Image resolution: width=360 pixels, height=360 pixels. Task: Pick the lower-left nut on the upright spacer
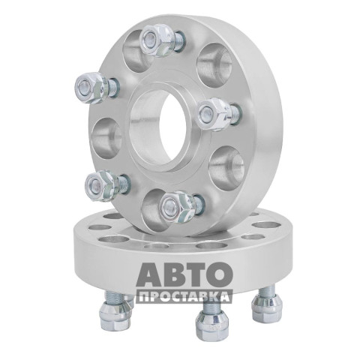click(101, 185)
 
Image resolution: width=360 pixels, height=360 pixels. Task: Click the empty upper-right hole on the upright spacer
click(214, 65)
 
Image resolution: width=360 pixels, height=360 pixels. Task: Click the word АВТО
click(184, 274)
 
